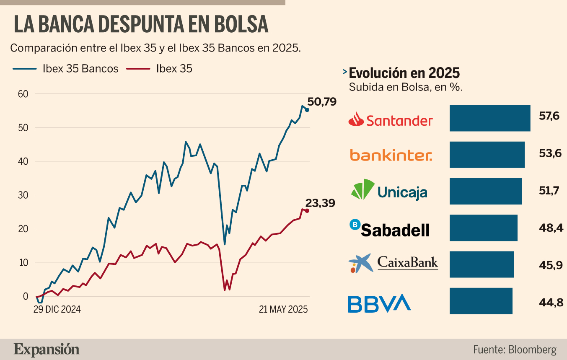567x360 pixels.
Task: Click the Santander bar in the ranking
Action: click(x=490, y=118)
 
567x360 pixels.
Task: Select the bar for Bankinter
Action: click(x=487, y=155)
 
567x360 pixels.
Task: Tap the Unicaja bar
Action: click(x=486, y=191)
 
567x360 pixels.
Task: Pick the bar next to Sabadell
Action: click(x=484, y=228)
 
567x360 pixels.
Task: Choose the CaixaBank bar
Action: click(x=482, y=264)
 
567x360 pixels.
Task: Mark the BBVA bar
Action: click(x=481, y=301)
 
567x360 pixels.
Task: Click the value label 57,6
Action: click(x=549, y=116)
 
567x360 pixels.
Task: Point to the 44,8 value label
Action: click(x=551, y=303)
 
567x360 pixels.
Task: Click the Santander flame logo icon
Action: click(x=356, y=119)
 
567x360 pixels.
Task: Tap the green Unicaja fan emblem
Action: click(x=363, y=189)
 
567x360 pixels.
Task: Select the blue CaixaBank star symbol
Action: click(x=361, y=263)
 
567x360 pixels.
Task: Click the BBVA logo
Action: click(x=379, y=303)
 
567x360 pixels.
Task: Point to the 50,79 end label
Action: click(x=322, y=102)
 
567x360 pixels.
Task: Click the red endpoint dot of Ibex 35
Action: click(x=307, y=211)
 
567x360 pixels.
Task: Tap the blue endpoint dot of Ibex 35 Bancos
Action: click(x=307, y=110)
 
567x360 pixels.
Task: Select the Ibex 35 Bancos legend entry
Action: click(x=65, y=69)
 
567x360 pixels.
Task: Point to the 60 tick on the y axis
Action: click(x=23, y=94)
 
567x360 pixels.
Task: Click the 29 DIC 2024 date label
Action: click(x=57, y=309)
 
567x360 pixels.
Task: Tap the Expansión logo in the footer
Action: click(x=47, y=350)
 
